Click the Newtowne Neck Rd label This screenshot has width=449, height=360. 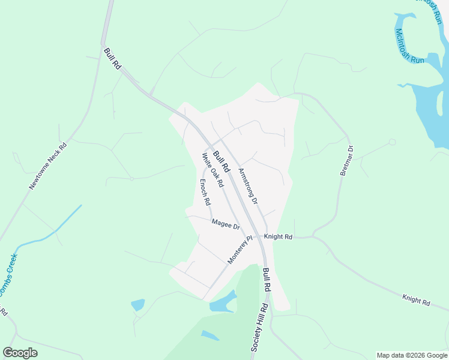click(48, 166)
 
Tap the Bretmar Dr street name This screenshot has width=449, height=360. click(347, 160)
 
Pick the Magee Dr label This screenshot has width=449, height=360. click(226, 224)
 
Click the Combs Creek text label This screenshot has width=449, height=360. click(7, 277)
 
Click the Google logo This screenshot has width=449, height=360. click(20, 352)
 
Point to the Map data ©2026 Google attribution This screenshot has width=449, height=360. click(412, 355)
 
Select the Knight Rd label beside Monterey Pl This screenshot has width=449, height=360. click(278, 237)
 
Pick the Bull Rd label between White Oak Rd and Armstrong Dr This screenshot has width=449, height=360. click(222, 161)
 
